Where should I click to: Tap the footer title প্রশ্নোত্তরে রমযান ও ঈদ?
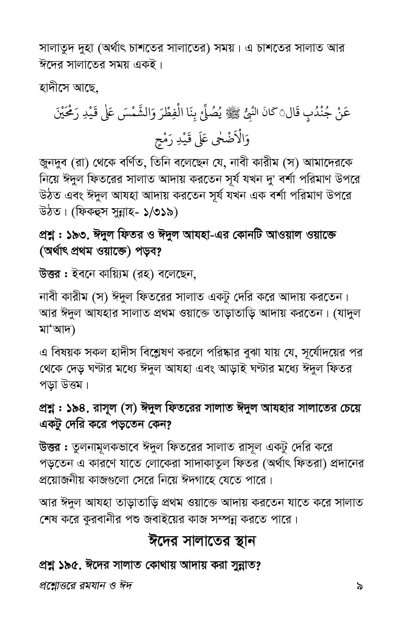[x=86, y=586]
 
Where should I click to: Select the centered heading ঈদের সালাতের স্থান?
[x=202, y=540]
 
